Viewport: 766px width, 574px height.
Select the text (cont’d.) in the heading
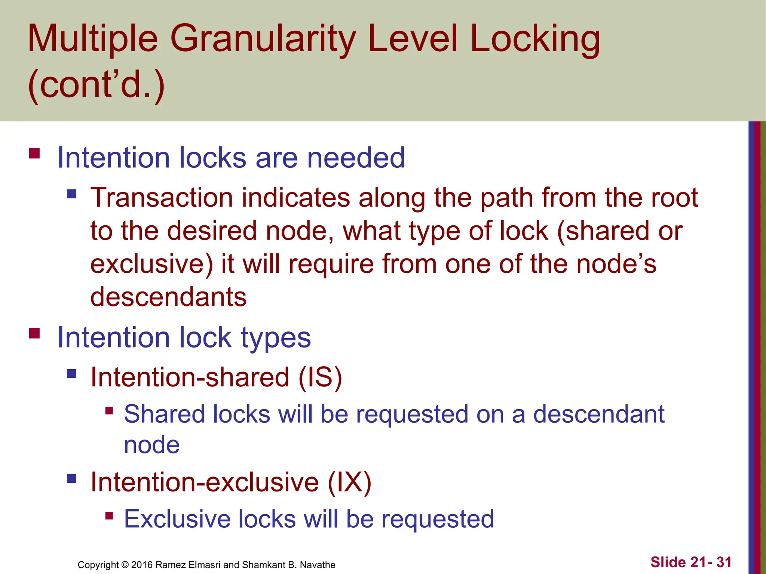pos(96,85)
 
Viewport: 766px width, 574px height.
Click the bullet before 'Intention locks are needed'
pos(34,154)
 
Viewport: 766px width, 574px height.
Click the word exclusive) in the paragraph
pos(151,264)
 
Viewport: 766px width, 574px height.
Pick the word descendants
pos(168,297)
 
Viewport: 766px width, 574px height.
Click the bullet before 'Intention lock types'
pos(34,333)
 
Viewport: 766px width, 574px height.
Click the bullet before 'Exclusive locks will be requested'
pos(109,516)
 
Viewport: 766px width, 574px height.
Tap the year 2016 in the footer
pos(142,565)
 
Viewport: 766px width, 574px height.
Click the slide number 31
pos(724,562)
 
